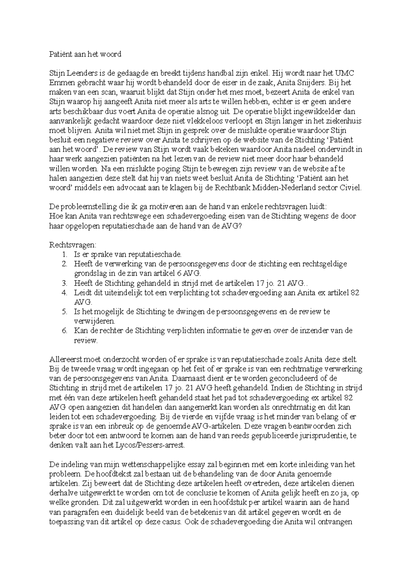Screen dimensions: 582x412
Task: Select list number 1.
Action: coord(64,254)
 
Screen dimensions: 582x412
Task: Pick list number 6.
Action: coord(64,331)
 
